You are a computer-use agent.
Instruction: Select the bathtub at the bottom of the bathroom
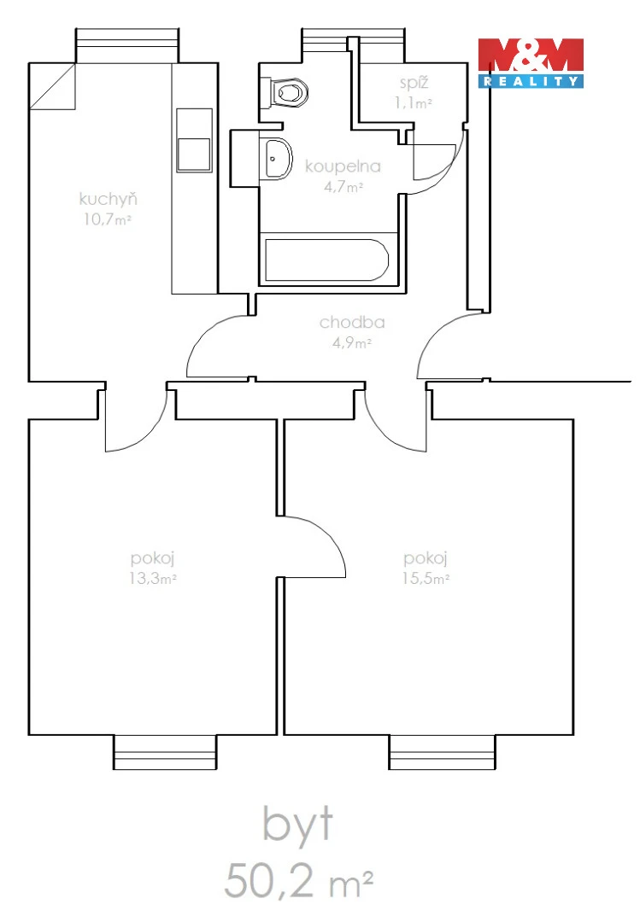pos(326,260)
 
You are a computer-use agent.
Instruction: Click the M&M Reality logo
pos(531,63)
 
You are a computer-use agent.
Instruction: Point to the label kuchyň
pos(109,199)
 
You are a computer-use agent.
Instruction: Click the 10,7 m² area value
pos(107,219)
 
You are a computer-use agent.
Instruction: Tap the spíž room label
pos(414,83)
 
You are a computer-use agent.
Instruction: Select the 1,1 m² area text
pos(414,103)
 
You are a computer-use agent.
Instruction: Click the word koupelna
pos(343,167)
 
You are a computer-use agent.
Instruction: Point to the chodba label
pos(352,322)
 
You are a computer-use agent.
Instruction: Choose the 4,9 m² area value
pos(352,343)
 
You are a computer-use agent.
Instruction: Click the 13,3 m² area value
pos(153,579)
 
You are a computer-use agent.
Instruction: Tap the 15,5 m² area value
pos(426,579)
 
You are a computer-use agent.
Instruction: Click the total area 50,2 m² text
pos(298,880)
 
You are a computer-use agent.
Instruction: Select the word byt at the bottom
pos(298,825)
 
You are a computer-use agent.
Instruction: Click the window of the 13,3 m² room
pos(166,752)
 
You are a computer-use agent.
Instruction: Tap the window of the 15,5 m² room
pos(442,752)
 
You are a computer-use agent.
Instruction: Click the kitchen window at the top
pos(127,45)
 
